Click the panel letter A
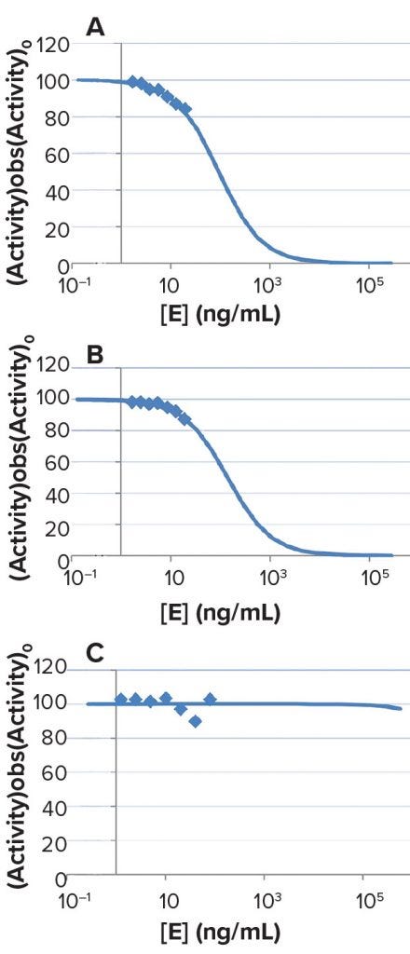pyautogui.click(x=94, y=29)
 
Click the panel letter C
pyautogui.click(x=95, y=655)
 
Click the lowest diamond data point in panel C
pyautogui.click(x=195, y=721)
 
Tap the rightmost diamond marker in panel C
pyautogui.click(x=210, y=699)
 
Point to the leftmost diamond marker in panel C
pyautogui.click(x=120, y=699)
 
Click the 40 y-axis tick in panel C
pyautogui.click(x=55, y=807)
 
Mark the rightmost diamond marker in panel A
pyautogui.click(x=184, y=109)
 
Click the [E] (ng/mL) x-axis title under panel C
pyautogui.click(x=221, y=934)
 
